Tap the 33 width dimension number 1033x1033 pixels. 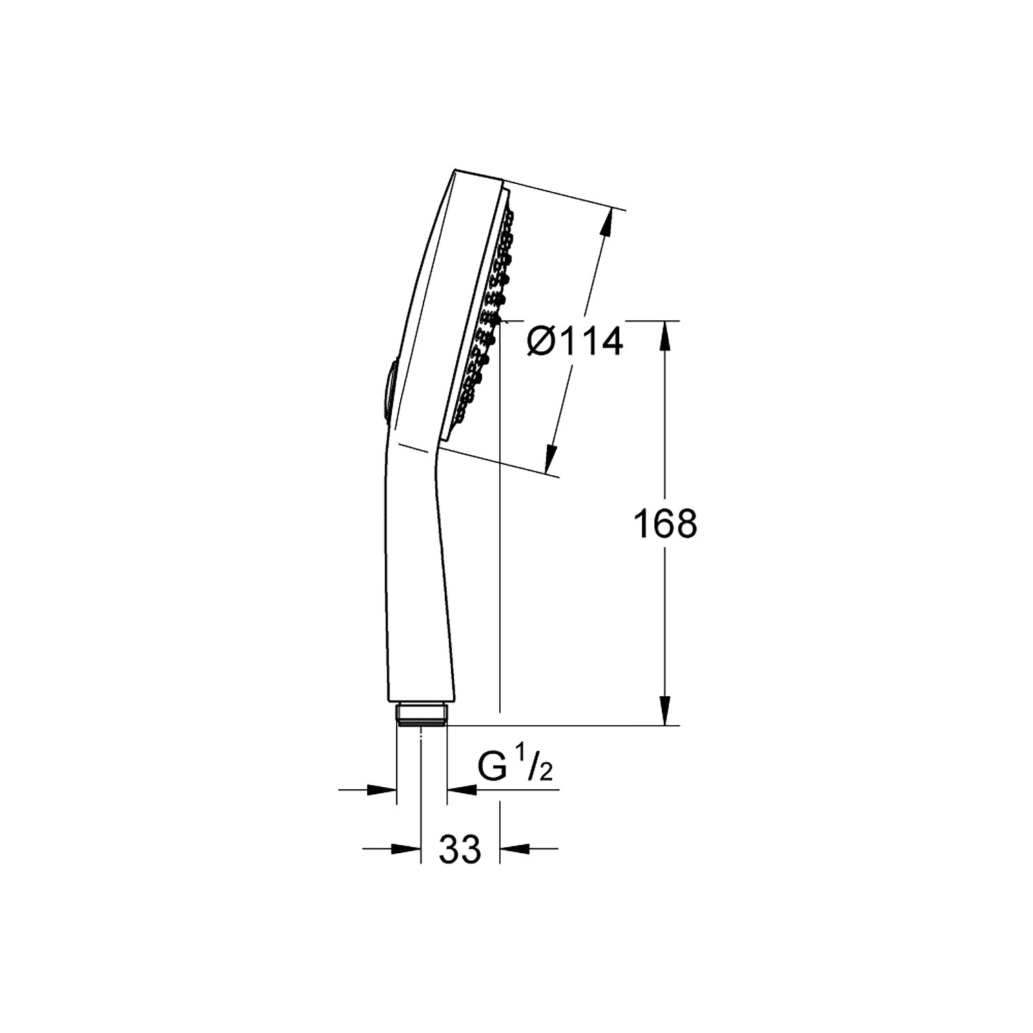click(460, 849)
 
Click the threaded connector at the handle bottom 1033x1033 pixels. click(422, 714)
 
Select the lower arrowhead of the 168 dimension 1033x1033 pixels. click(665, 709)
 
